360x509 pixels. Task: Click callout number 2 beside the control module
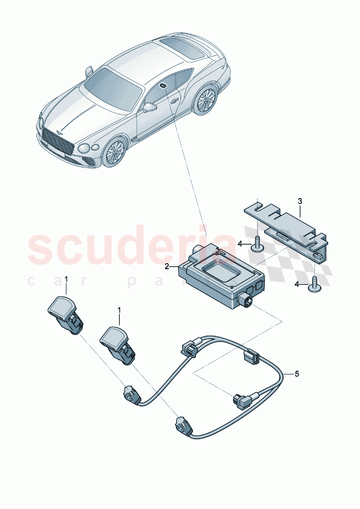[167, 267]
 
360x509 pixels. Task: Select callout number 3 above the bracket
[300, 201]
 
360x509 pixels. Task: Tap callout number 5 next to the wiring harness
[297, 374]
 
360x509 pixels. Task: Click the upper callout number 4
[240, 244]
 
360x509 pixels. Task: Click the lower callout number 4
[297, 284]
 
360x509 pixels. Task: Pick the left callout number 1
[66, 279]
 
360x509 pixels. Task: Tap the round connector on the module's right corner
[245, 300]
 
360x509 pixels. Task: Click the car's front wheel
[114, 152]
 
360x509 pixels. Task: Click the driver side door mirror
[150, 107]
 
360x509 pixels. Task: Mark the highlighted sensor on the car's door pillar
[163, 86]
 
